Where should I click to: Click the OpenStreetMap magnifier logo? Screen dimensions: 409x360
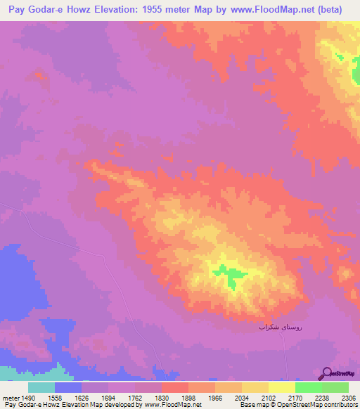click(326, 374)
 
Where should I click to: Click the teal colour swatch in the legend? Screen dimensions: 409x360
click(41, 388)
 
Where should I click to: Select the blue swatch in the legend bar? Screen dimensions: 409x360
click(68, 388)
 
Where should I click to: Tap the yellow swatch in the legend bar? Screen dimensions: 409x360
click(282, 388)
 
